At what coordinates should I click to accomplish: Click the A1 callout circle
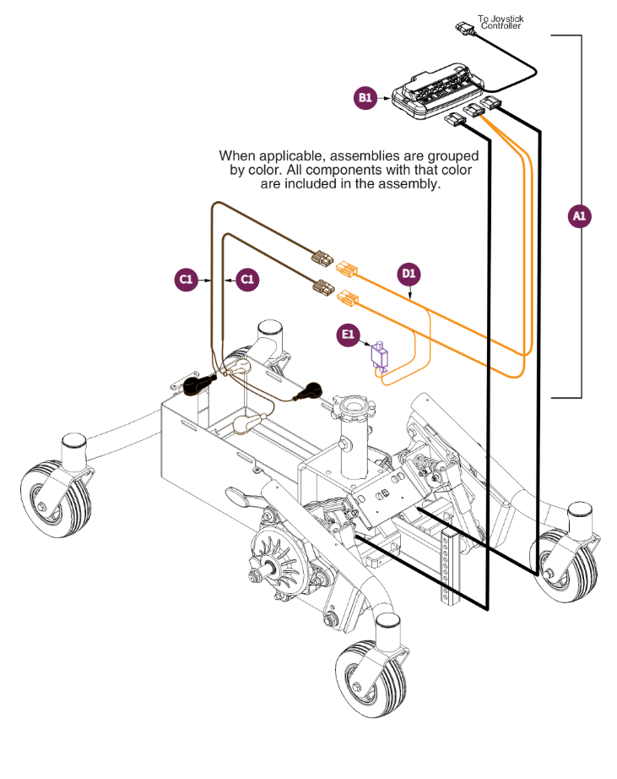coord(578,216)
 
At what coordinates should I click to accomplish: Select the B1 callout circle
coord(365,98)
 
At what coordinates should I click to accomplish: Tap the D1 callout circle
coord(409,274)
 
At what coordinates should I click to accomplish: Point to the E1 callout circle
coord(347,335)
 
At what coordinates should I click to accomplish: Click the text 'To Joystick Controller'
coord(501,22)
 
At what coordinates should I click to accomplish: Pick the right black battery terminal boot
coord(307,390)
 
